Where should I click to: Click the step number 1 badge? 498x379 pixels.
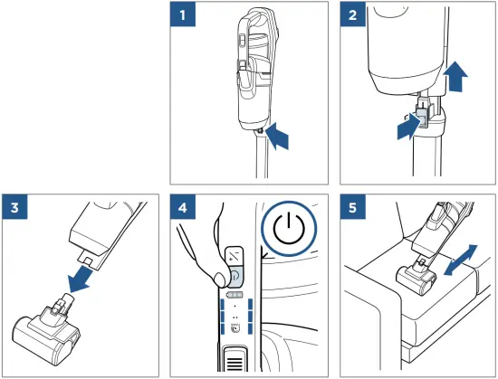pyautogui.click(x=183, y=14)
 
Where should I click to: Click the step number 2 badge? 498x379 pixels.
pyautogui.click(x=352, y=14)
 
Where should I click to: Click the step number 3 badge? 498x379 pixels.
pyautogui.click(x=14, y=207)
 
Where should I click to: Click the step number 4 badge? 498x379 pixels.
pyautogui.click(x=183, y=207)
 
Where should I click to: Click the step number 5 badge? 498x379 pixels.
pyautogui.click(x=352, y=207)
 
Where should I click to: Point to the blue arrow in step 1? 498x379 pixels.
pyautogui.click(x=277, y=137)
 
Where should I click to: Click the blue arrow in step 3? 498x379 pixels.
pyautogui.click(x=80, y=280)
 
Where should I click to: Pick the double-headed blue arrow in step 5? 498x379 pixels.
pyautogui.click(x=461, y=261)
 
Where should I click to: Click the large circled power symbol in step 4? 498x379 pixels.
pyautogui.click(x=289, y=228)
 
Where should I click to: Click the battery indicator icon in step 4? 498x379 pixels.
pyautogui.click(x=235, y=295)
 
